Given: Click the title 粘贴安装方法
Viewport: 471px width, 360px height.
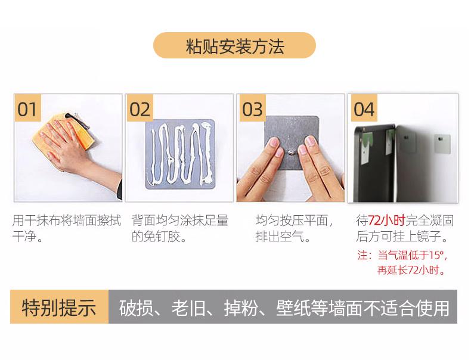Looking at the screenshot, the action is click(x=235, y=46).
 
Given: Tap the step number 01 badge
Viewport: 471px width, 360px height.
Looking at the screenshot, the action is click(x=27, y=108).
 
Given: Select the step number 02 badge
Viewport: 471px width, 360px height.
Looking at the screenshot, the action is click(x=140, y=108).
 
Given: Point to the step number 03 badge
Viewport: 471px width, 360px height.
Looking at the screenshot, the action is click(x=252, y=108).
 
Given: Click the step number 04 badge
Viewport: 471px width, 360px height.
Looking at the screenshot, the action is click(x=364, y=108).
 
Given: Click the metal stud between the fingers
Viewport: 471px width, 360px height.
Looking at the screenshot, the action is click(x=290, y=153).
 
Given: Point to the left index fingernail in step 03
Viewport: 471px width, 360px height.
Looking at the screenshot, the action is click(x=274, y=142).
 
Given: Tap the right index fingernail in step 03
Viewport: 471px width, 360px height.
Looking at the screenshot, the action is click(x=310, y=141).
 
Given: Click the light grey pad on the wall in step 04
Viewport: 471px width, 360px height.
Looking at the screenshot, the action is click(x=442, y=144).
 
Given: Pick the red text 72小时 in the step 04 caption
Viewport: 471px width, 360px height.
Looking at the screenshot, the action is click(x=387, y=221).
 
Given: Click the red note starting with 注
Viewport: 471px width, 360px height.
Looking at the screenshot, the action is click(x=402, y=262).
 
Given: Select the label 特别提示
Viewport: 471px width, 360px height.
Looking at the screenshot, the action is click(x=59, y=308).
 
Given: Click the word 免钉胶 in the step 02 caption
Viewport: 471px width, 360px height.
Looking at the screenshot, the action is click(x=162, y=237).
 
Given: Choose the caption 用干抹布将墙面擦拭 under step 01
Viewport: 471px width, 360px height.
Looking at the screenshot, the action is click(x=67, y=221).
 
